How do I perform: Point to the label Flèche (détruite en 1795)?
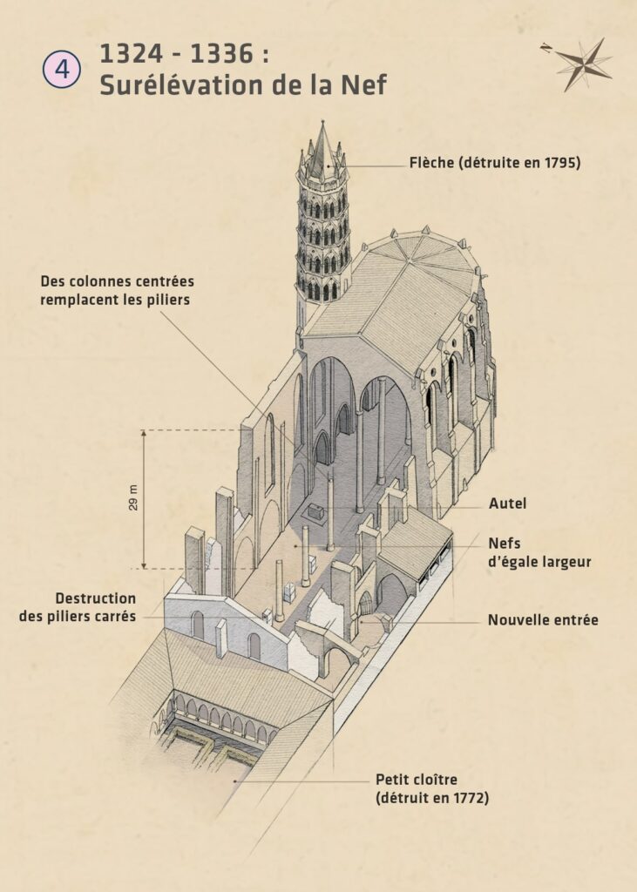(494, 163)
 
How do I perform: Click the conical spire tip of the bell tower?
(323, 131)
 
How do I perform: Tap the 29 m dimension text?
(133, 497)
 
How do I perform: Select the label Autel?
(507, 503)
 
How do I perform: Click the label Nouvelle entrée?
(542, 621)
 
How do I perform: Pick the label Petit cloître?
(416, 779)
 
